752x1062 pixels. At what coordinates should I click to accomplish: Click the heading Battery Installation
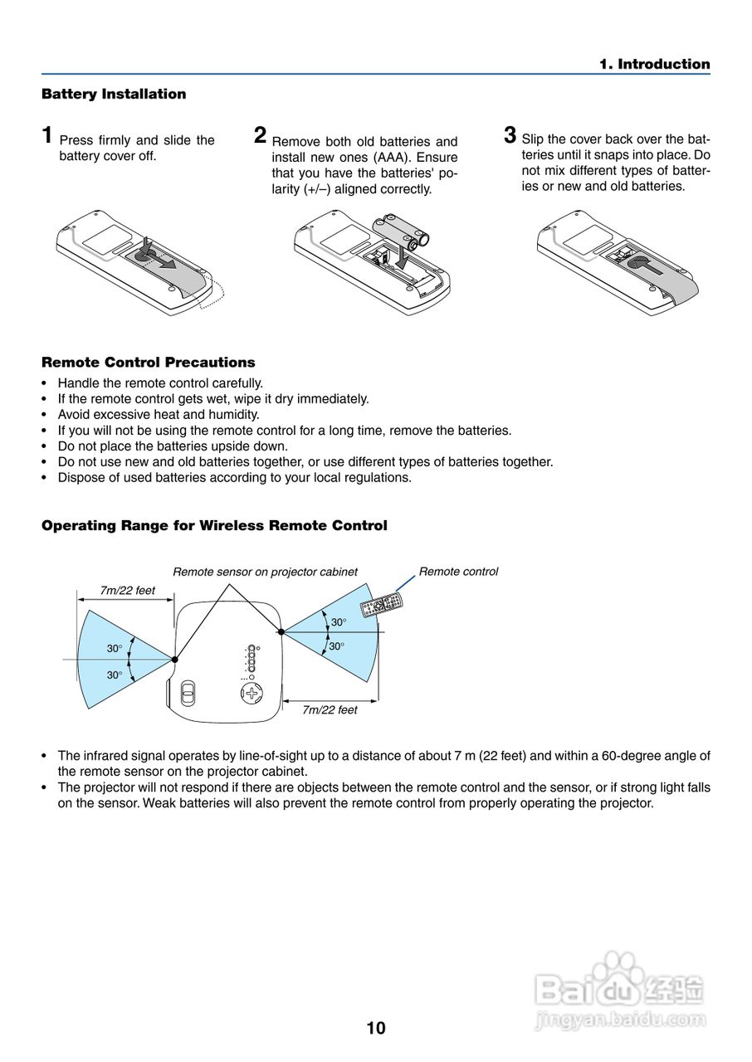(x=114, y=95)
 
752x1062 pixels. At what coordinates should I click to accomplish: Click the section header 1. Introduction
(x=655, y=65)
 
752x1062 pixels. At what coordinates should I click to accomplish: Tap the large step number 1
(x=48, y=135)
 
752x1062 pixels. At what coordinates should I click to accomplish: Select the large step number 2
(x=261, y=135)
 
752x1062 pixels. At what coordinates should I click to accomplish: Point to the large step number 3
(x=510, y=134)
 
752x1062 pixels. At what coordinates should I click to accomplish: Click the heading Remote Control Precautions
(x=148, y=363)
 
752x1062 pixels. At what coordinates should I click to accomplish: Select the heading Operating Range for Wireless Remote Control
(x=214, y=526)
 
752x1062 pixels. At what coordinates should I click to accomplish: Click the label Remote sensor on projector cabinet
(x=265, y=572)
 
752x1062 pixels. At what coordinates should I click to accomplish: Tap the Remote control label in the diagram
(x=458, y=572)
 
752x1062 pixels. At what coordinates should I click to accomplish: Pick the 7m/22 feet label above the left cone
(x=127, y=591)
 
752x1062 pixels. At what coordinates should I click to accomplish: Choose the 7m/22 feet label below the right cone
(x=330, y=710)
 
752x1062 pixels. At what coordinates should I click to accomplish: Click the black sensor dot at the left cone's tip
(x=174, y=660)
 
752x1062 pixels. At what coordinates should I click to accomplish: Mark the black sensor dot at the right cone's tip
(x=281, y=631)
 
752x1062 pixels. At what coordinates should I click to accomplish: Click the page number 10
(x=376, y=1029)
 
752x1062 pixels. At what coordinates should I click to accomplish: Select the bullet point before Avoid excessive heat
(x=45, y=415)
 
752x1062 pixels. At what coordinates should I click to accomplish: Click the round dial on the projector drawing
(x=251, y=694)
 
